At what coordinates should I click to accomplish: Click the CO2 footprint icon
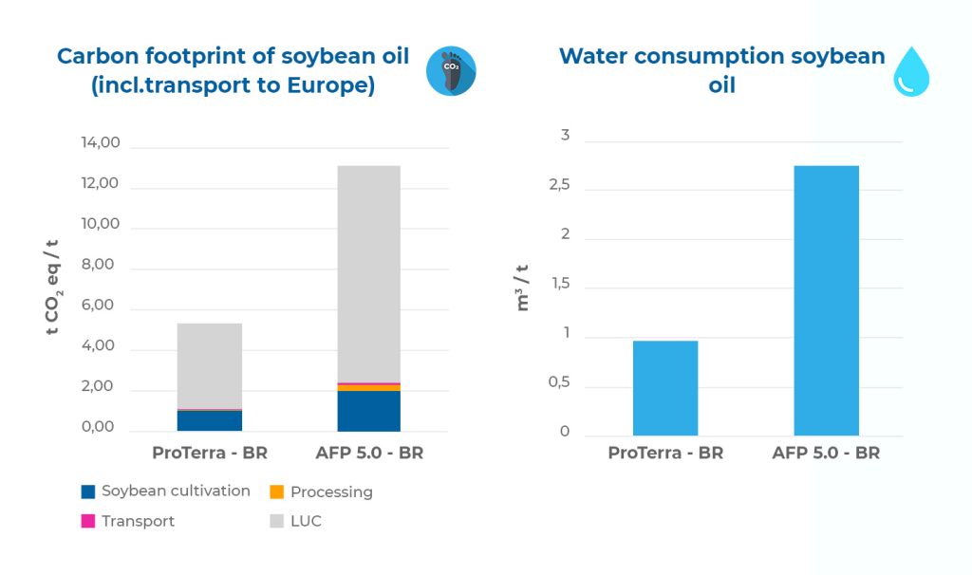(x=451, y=70)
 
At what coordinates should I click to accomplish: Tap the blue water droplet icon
(x=911, y=72)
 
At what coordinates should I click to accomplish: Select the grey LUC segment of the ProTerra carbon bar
(x=210, y=365)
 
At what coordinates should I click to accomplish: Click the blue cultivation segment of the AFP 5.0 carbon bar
(x=369, y=411)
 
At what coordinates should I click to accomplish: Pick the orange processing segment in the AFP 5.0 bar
(x=369, y=388)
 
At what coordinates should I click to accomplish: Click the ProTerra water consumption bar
(x=665, y=388)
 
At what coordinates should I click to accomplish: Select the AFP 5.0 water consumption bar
(x=827, y=301)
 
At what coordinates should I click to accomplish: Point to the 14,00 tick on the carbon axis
(x=101, y=142)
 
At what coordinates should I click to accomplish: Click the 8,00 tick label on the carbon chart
(x=98, y=265)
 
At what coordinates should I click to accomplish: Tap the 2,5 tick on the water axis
(x=559, y=185)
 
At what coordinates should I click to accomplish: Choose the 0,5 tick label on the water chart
(x=559, y=382)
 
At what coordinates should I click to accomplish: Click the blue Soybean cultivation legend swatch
(x=88, y=492)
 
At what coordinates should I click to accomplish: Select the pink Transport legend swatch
(x=88, y=521)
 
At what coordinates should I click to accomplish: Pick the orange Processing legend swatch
(x=276, y=492)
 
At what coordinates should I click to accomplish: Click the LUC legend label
(x=307, y=521)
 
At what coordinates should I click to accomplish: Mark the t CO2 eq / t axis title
(x=53, y=287)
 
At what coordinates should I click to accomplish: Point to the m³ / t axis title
(x=523, y=287)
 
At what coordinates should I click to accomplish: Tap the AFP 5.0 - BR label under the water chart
(x=826, y=453)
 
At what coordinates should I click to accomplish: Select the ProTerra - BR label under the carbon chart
(x=210, y=453)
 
